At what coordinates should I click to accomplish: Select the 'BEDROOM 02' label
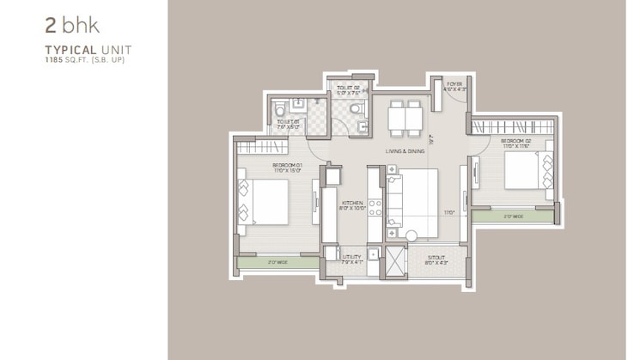point(518,143)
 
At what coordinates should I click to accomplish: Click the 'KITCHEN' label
point(353,204)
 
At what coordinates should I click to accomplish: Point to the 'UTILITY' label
point(352,255)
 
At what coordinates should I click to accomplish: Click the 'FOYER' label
point(454,84)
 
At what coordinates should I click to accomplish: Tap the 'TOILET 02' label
point(348,88)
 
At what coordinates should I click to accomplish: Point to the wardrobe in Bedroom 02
point(512,126)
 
